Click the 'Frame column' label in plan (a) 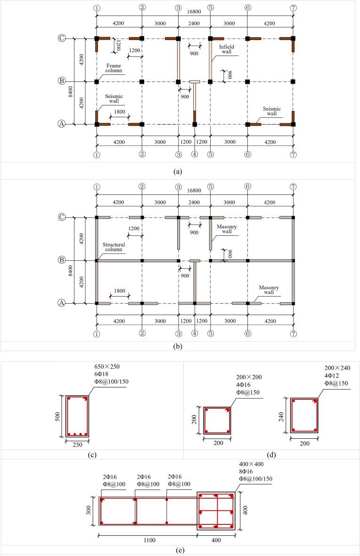[114, 68]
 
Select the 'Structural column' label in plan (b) [114, 247]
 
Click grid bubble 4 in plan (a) [194, 154]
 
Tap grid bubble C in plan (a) [61, 39]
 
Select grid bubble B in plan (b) [61, 260]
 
